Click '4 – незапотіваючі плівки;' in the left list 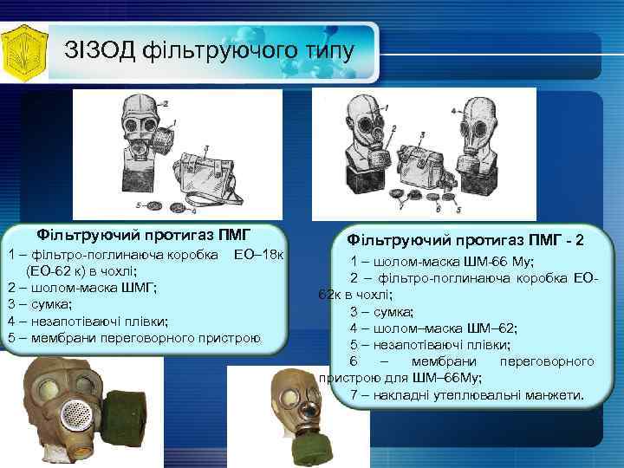pos(88,321)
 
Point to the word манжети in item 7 pos(556,394)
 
